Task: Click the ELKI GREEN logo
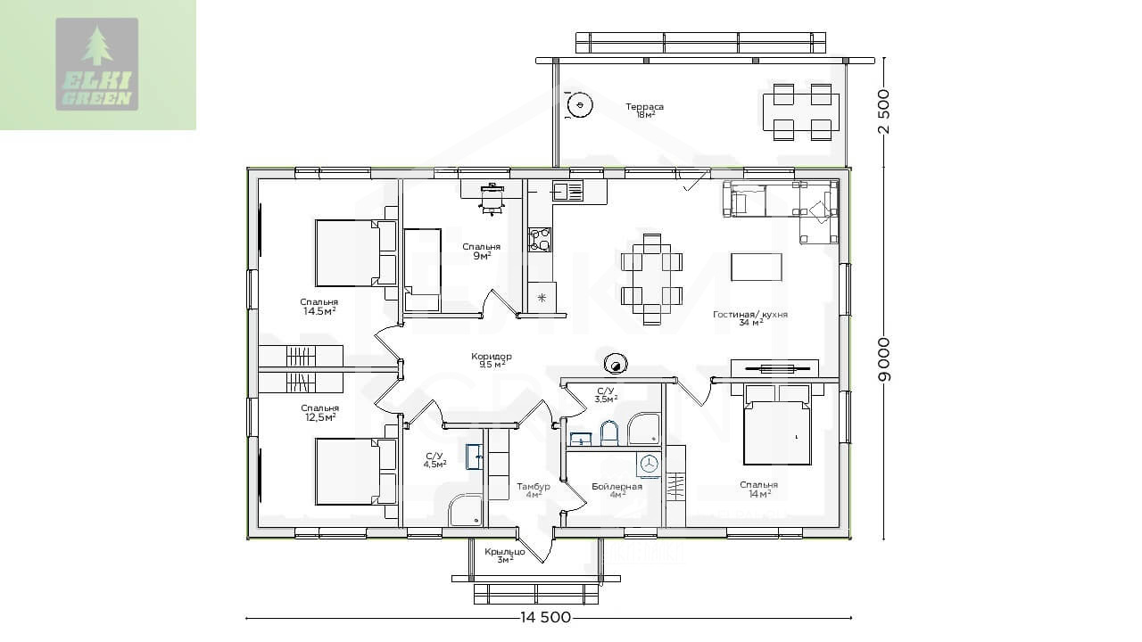tap(97, 64)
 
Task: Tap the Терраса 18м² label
tap(645, 110)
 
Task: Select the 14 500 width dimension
tap(545, 618)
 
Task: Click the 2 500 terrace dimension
tap(884, 111)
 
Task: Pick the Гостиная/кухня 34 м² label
tap(750, 318)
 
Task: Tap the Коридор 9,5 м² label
tap(492, 359)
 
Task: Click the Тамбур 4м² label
tap(534, 490)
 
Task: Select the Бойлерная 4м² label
tap(617, 490)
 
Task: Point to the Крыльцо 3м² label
tap(505, 556)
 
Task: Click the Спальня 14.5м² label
tap(319, 307)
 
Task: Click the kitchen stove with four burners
tap(540, 240)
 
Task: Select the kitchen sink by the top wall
tap(567, 192)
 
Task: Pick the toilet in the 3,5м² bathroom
tap(608, 433)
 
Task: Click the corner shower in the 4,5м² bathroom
tap(466, 511)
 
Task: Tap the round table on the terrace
tap(580, 105)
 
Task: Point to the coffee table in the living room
tap(756, 267)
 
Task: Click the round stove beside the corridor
tap(616, 364)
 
